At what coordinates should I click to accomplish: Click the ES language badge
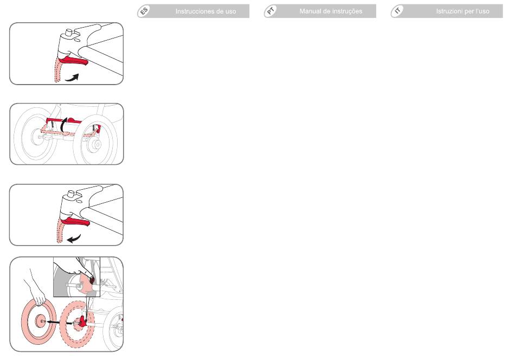tap(144, 11)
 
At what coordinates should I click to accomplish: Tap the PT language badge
tap(271, 11)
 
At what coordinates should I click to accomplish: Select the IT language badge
tap(397, 11)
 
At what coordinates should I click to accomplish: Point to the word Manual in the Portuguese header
tap(310, 11)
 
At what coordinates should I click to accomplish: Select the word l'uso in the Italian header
tap(482, 11)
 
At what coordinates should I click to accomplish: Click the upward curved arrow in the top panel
tap(72, 78)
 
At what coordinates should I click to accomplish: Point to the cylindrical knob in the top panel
tap(69, 33)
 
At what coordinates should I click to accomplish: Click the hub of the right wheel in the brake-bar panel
tap(96, 144)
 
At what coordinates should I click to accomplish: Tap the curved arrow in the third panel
tap(74, 239)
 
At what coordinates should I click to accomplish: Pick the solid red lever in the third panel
tap(75, 221)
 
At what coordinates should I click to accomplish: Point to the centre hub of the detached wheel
tap(41, 320)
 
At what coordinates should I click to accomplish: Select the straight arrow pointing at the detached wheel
tap(58, 322)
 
